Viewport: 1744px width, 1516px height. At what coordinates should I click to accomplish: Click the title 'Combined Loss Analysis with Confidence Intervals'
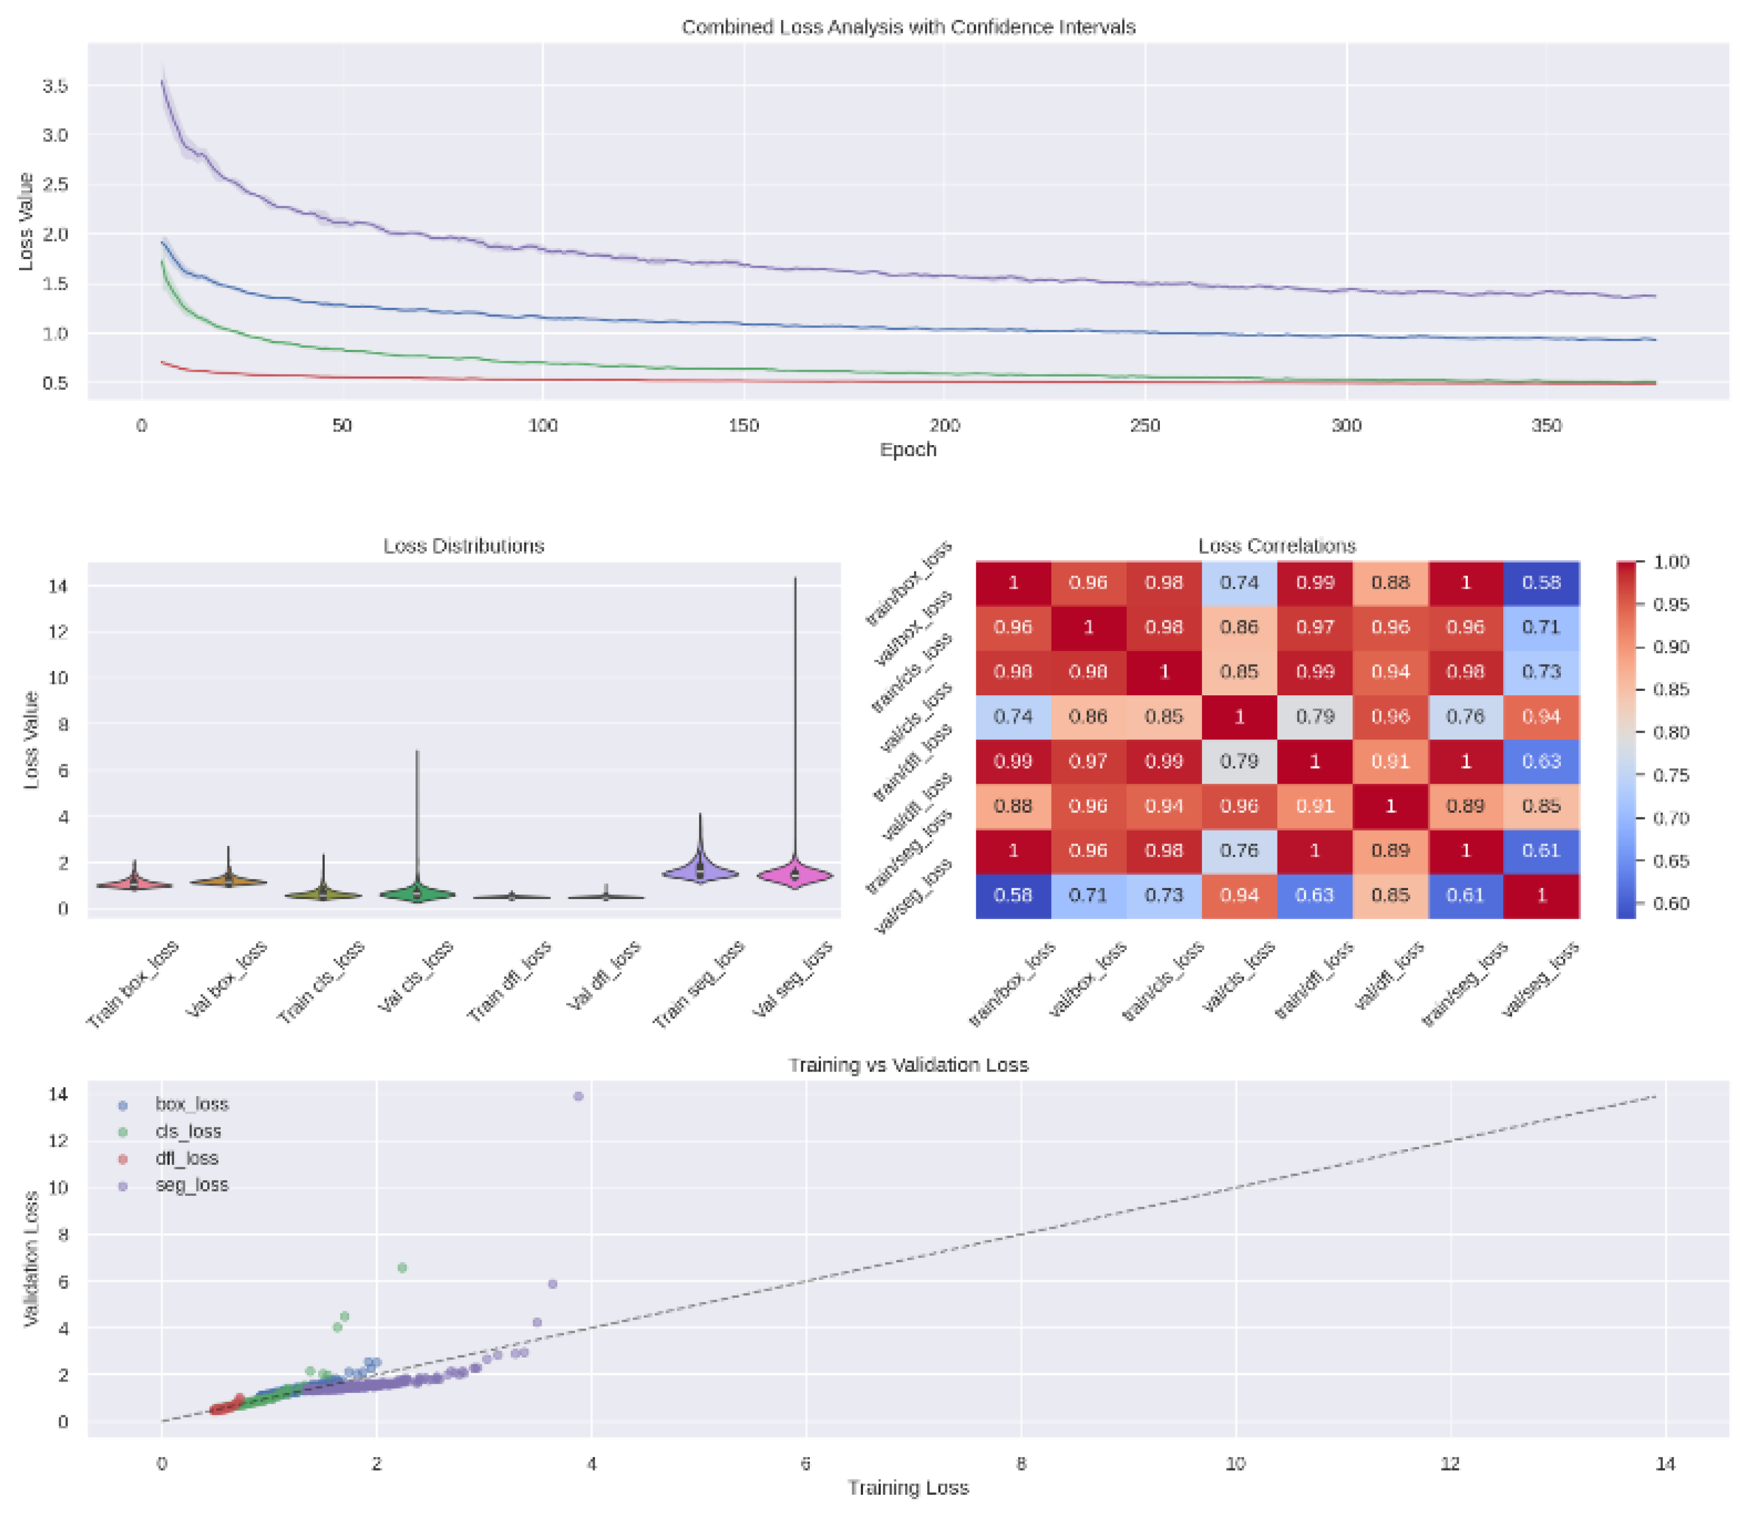point(908,27)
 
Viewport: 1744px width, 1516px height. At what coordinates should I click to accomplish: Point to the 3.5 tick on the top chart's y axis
point(55,86)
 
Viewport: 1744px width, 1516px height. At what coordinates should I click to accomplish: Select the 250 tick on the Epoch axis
point(1145,425)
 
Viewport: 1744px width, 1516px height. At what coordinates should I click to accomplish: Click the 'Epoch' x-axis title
point(908,449)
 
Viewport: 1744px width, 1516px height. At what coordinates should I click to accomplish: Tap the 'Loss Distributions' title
point(464,546)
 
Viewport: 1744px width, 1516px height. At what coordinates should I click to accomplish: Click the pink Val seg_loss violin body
point(795,876)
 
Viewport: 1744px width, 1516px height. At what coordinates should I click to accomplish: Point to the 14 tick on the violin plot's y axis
point(58,586)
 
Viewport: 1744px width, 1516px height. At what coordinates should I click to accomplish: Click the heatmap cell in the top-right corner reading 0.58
point(1541,583)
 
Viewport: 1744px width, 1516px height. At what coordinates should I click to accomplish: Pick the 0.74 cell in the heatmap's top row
point(1239,583)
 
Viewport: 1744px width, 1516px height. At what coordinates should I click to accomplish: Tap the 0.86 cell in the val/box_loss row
point(1239,628)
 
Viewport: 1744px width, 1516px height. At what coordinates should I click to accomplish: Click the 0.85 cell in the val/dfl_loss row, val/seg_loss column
point(1541,806)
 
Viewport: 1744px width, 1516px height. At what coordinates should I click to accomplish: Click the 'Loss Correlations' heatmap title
point(1277,546)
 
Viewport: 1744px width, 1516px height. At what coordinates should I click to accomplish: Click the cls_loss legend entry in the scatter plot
point(188,1131)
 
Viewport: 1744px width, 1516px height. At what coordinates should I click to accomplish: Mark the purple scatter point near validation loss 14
point(579,1096)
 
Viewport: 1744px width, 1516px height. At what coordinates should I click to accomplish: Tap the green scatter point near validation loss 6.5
point(403,1268)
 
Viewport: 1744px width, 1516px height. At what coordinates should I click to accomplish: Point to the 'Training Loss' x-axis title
point(908,1487)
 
